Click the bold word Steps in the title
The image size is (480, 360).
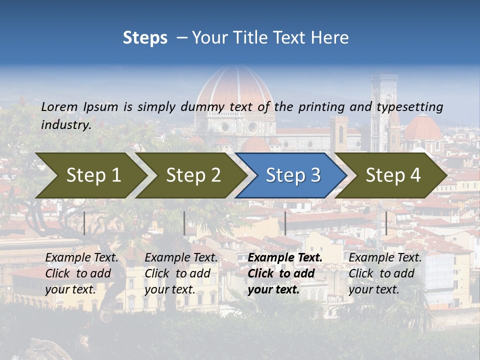point(145,38)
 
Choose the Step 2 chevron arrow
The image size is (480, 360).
point(193,175)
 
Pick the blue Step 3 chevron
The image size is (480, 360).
point(292,175)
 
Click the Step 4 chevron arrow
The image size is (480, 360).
point(392,175)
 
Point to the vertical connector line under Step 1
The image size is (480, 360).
point(84,223)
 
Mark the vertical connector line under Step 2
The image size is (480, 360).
point(184,223)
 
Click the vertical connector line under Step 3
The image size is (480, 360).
point(285,223)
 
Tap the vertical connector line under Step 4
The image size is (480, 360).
point(386,223)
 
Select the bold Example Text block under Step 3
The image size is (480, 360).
point(285,273)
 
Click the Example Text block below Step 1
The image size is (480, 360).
point(81,273)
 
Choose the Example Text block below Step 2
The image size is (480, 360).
point(181,273)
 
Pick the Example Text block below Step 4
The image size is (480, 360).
point(385,273)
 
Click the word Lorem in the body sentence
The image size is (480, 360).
point(59,106)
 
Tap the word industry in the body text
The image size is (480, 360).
point(65,125)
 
